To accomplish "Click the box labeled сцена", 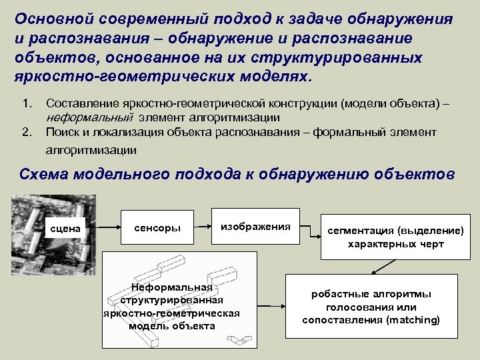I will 66,229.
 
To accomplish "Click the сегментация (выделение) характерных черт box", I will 395,237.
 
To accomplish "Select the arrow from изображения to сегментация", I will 308,229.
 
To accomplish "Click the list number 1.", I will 27,105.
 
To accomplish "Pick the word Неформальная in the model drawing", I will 172,288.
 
